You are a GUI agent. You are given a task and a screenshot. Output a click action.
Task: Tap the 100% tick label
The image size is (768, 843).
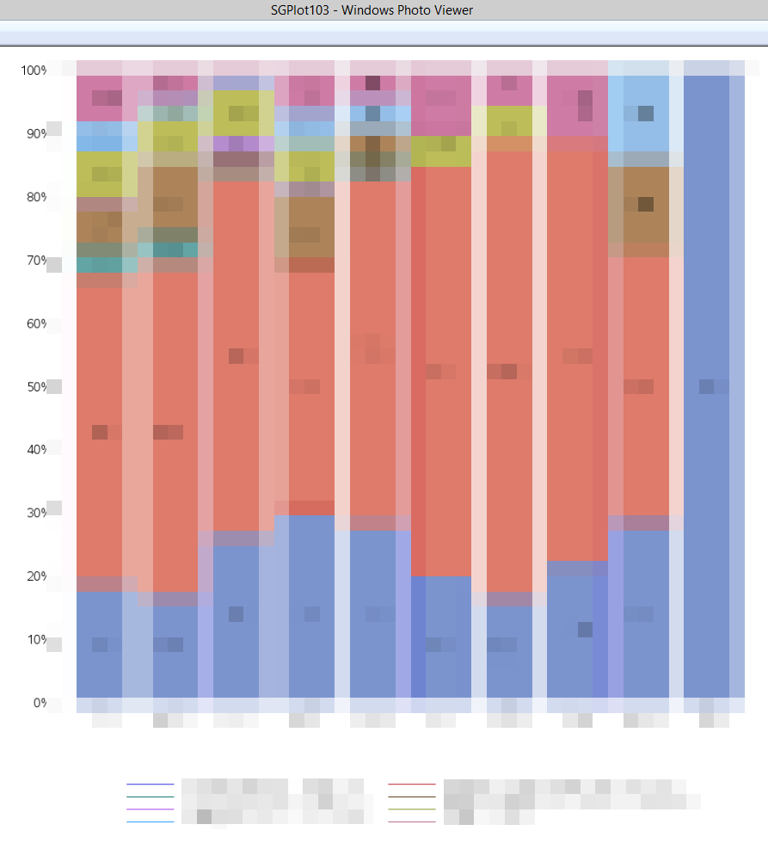coord(34,71)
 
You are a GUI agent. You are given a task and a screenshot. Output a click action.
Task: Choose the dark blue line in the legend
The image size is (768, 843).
coord(151,785)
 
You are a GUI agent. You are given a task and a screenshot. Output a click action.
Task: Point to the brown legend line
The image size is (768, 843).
coord(412,797)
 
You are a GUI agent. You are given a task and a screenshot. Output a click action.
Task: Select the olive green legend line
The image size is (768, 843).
coord(412,809)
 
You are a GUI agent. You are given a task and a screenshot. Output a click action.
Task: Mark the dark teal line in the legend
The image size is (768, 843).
coord(151,797)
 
